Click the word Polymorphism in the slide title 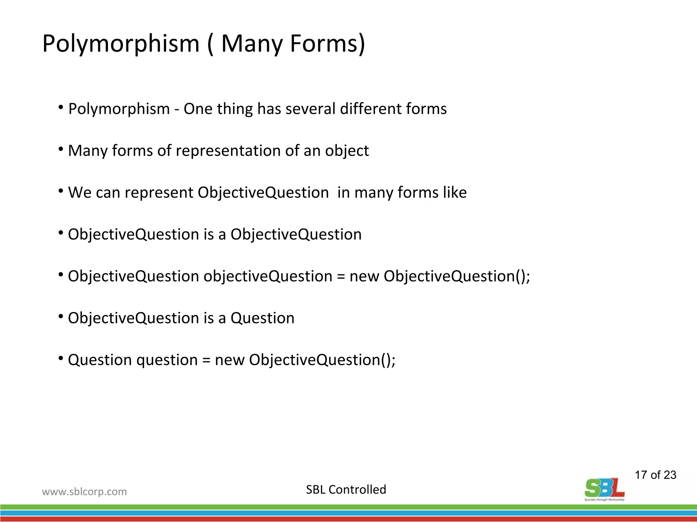[121, 44]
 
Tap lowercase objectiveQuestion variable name [268, 276]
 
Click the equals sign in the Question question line [206, 360]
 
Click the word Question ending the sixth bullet [262, 318]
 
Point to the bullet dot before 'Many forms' [61, 149]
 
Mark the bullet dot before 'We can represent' [61, 191]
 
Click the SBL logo [604, 489]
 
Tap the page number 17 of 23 [655, 475]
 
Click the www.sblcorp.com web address [84, 492]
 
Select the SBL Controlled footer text [346, 490]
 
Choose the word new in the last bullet [229, 360]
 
